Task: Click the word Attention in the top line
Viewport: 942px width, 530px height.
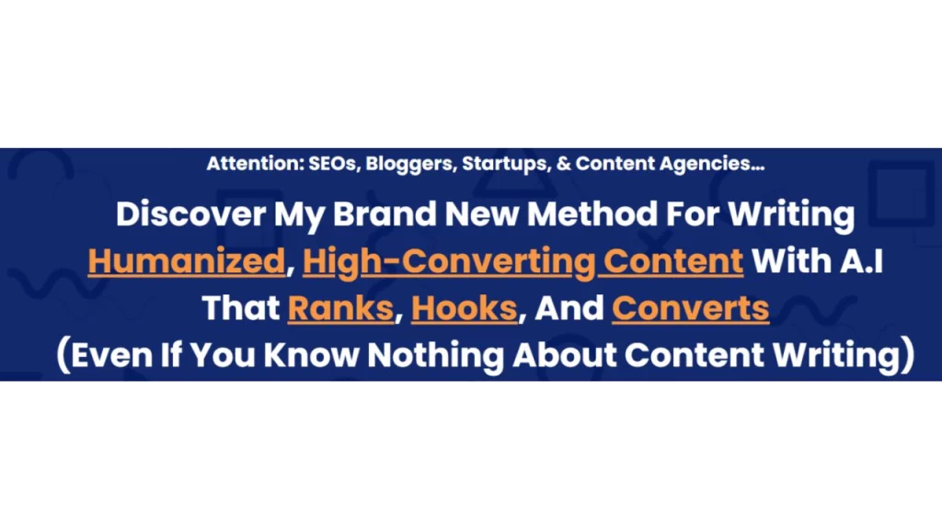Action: [x=246, y=165]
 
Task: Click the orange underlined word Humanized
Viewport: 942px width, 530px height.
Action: [x=187, y=261]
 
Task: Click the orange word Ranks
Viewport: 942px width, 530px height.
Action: [x=340, y=308]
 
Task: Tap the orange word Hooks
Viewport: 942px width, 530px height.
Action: [x=464, y=308]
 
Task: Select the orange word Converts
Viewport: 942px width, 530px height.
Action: [x=690, y=308]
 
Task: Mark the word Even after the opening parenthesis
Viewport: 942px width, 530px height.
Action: [x=114, y=356]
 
